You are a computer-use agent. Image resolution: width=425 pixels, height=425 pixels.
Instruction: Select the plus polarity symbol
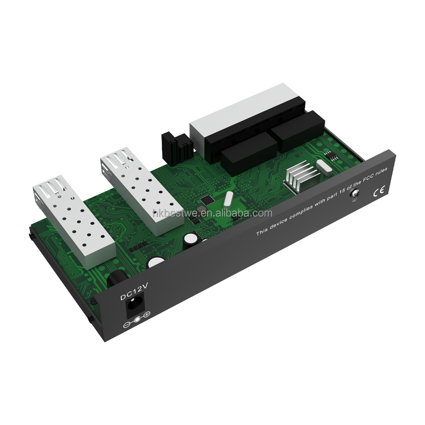(147, 314)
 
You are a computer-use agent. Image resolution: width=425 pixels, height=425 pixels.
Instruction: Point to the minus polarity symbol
(127, 325)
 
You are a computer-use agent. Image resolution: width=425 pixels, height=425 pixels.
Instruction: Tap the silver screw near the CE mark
(355, 194)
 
